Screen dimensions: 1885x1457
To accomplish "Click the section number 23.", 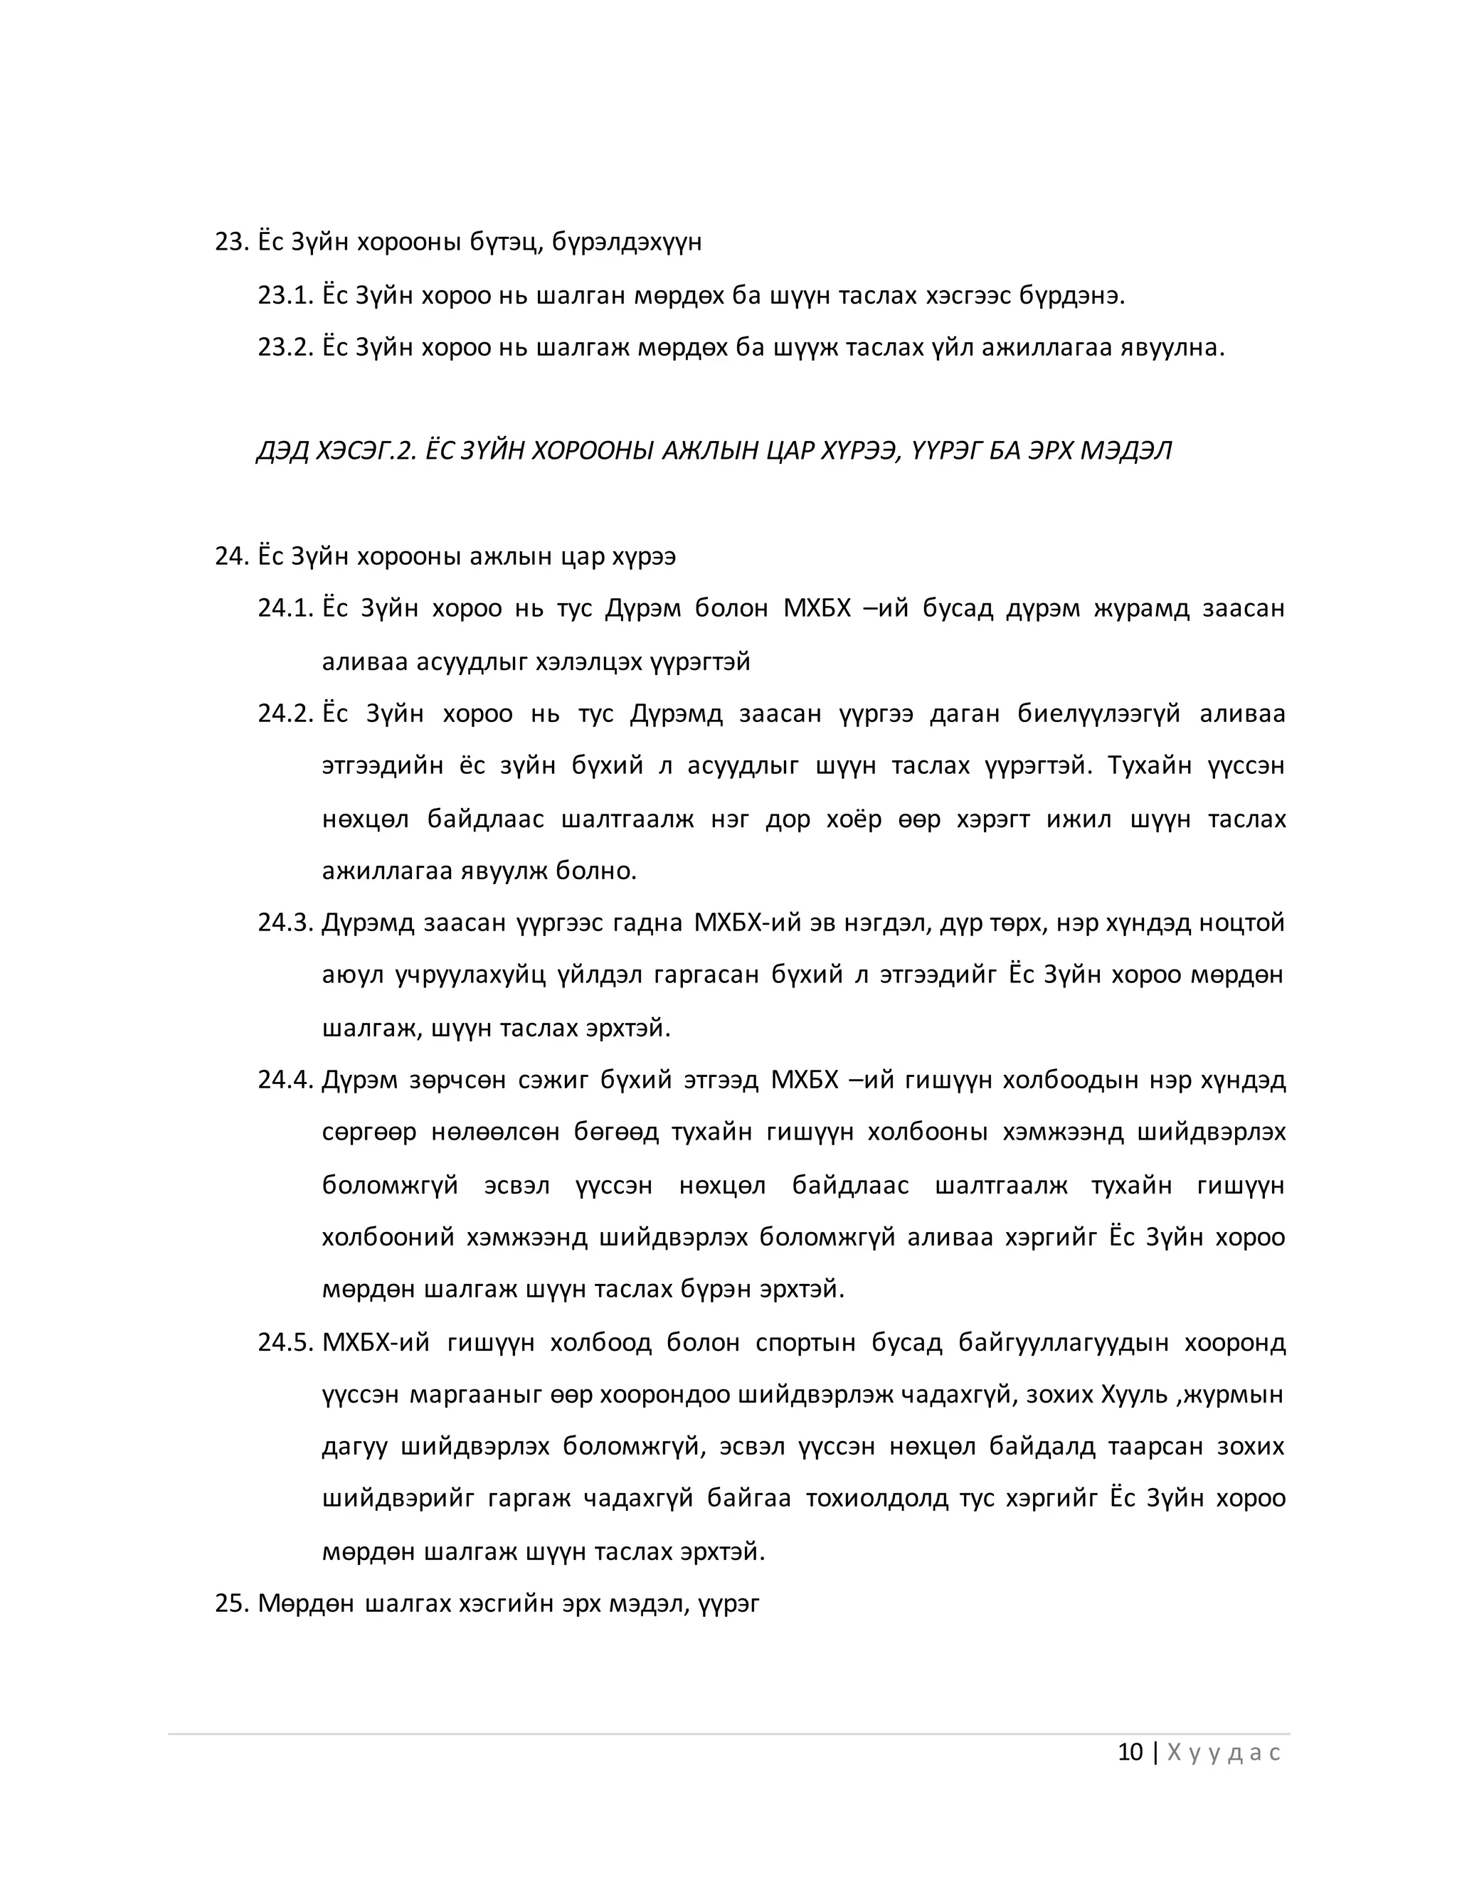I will [x=231, y=243].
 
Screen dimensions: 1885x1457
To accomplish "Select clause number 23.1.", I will [x=284, y=296].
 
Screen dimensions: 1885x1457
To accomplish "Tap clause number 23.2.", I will [x=284, y=349].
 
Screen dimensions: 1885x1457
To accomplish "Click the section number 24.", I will [x=231, y=557].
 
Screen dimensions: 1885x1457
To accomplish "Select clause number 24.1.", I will [x=284, y=610].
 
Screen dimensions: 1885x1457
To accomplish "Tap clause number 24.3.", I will [x=284, y=923].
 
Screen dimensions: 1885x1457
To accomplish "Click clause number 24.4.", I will [x=284, y=1080].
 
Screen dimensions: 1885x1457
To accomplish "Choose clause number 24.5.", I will [x=284, y=1343].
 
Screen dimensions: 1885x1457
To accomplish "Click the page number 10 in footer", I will [x=1130, y=1753].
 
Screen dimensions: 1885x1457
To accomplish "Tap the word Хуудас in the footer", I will [x=1223, y=1753].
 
